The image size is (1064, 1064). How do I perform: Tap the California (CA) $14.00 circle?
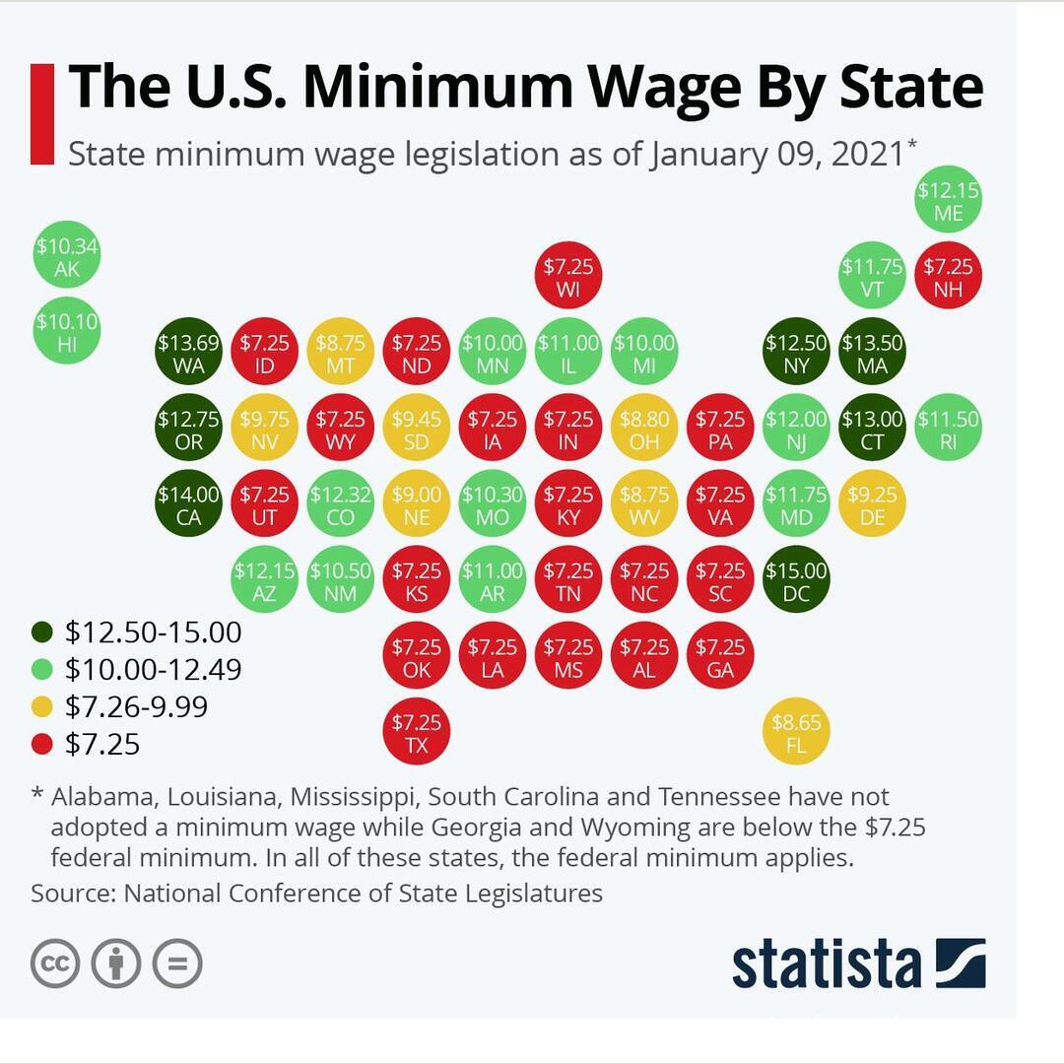[188, 504]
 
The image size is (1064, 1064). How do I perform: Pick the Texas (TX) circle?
[417, 732]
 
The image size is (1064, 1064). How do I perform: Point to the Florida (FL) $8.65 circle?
[796, 732]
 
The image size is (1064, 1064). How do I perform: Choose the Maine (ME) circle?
[948, 200]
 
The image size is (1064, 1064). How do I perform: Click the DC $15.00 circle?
[796, 580]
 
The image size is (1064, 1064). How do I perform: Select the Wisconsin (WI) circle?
[568, 277]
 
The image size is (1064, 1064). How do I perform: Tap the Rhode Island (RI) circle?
[948, 429]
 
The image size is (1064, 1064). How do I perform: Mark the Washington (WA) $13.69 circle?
[188, 353]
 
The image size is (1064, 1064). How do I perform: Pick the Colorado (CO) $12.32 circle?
[340, 504]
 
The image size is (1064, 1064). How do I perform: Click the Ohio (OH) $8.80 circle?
[644, 429]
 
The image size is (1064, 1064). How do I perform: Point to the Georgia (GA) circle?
[720, 656]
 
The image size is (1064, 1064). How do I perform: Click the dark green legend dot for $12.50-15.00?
[42, 632]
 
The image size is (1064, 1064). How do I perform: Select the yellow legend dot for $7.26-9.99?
[42, 707]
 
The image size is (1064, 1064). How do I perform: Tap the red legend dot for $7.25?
[42, 745]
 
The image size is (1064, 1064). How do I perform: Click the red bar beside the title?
[42, 114]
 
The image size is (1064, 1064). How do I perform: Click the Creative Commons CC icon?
[55, 964]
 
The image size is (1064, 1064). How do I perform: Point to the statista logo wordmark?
[826, 964]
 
